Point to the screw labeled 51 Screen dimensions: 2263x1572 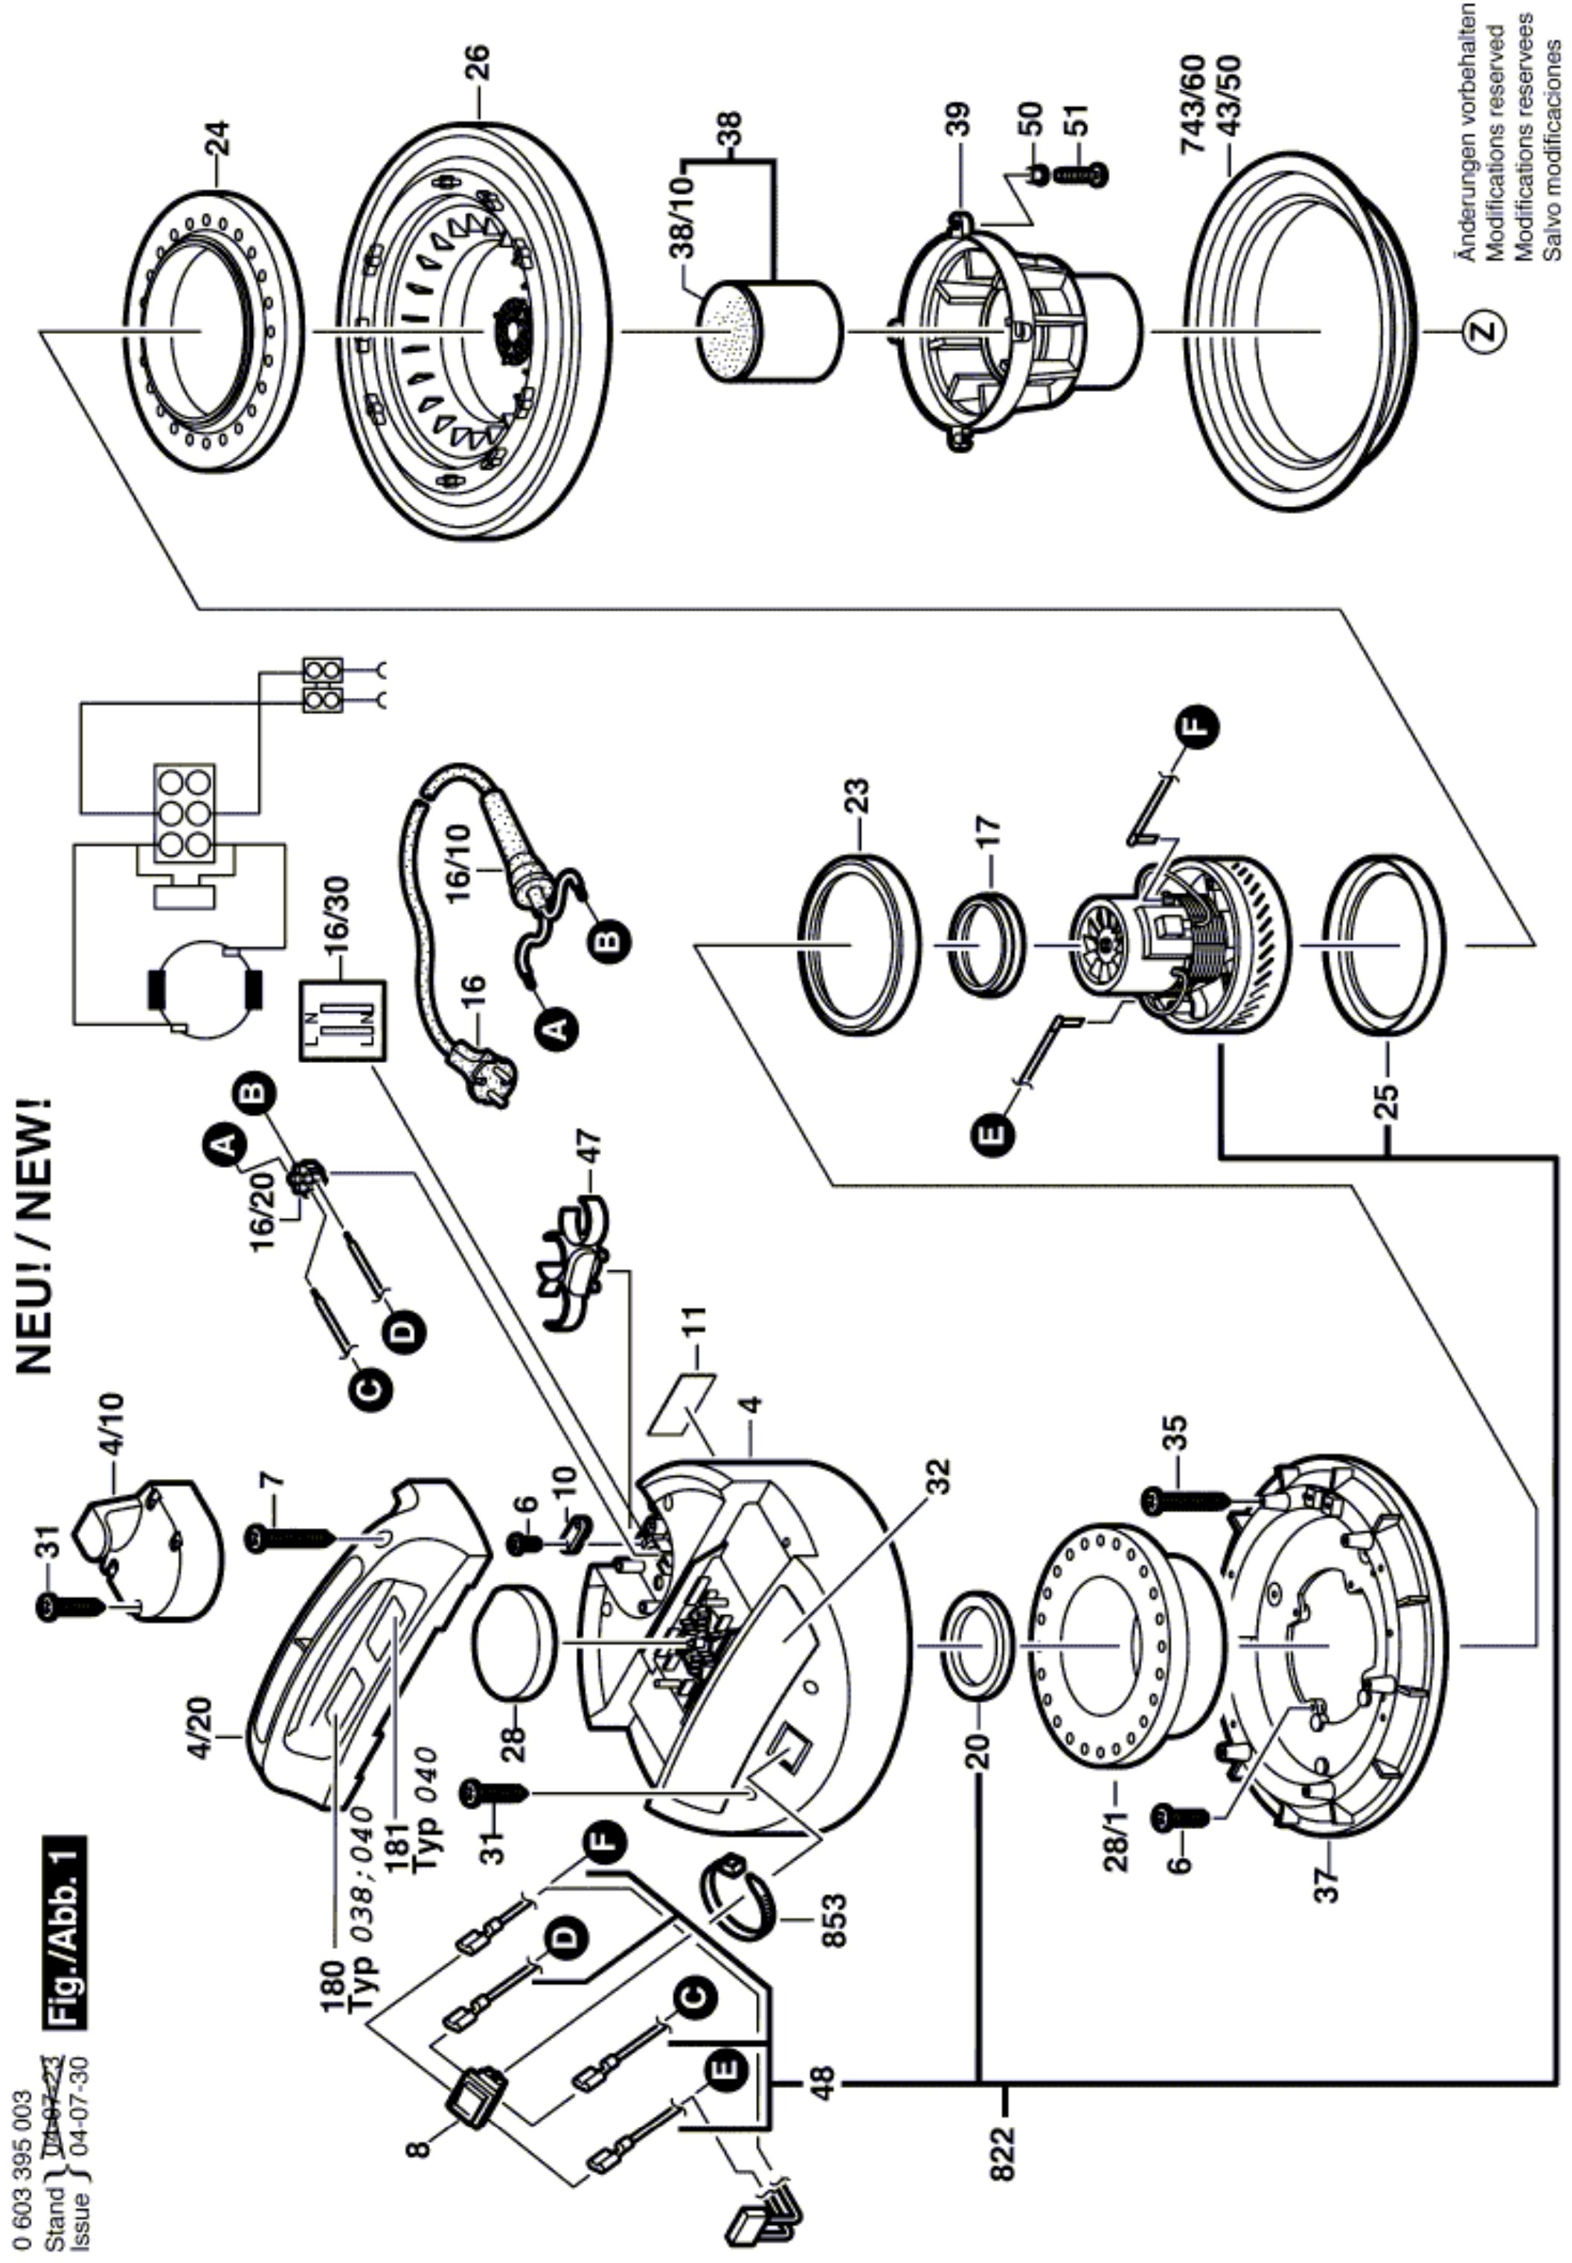click(x=1082, y=173)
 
